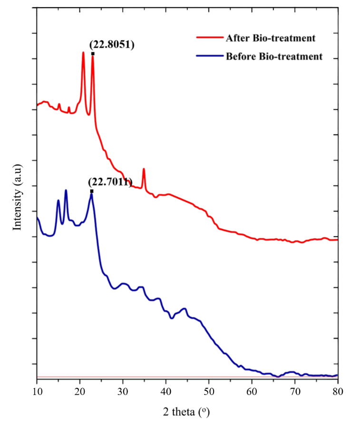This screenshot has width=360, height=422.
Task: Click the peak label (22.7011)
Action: (x=109, y=182)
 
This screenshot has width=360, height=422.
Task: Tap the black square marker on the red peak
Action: (x=93, y=54)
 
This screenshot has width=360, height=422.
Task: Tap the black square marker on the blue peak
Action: (x=92, y=191)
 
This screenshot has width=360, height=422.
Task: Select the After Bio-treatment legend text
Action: (x=271, y=38)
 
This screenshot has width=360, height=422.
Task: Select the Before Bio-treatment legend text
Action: (x=274, y=57)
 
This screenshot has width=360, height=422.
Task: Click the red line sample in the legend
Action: (x=209, y=38)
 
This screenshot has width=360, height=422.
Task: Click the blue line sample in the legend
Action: (x=209, y=57)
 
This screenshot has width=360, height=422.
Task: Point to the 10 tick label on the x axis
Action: (x=37, y=391)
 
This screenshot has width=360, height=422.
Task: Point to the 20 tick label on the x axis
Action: (x=80, y=391)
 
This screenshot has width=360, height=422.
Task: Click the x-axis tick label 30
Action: (x=123, y=391)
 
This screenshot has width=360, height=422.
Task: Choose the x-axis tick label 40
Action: (x=166, y=391)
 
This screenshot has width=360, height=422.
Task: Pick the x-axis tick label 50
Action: (x=209, y=391)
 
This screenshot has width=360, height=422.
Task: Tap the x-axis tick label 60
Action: (x=252, y=391)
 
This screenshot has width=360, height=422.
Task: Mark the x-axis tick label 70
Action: (x=295, y=391)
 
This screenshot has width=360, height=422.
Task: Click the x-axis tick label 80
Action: (x=337, y=391)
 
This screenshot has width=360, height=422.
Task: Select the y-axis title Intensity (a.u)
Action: (x=18, y=197)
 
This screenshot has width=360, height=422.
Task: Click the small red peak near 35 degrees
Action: (x=144, y=169)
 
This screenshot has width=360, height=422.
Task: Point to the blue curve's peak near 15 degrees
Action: (x=58, y=201)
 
